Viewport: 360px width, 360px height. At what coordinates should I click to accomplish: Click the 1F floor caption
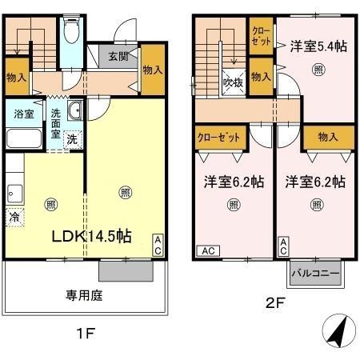(85, 334)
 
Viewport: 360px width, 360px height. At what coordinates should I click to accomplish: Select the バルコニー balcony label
(315, 274)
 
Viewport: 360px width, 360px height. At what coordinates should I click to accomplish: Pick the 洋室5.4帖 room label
(317, 47)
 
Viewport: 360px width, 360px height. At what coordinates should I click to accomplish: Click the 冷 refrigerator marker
(14, 216)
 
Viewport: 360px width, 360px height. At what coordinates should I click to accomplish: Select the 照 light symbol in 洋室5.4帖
(318, 70)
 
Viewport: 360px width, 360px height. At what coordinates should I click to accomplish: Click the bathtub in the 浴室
(24, 138)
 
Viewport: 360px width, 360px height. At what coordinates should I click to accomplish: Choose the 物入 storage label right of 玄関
(153, 71)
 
